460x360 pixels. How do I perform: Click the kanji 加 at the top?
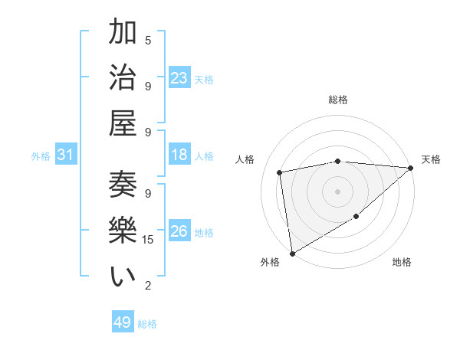click(x=123, y=34)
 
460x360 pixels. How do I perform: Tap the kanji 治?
click(x=123, y=79)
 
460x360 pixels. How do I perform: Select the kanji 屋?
click(x=123, y=123)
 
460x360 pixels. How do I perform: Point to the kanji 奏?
click(x=123, y=188)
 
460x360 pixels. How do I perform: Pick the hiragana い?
click(x=123, y=277)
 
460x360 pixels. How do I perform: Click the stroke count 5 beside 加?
click(x=148, y=39)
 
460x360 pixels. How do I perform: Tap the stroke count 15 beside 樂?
click(x=149, y=240)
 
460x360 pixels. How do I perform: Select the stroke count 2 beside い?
click(x=148, y=286)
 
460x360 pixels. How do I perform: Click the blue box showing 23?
click(x=179, y=78)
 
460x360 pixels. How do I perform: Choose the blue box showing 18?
click(x=179, y=155)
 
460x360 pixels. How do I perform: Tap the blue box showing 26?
click(x=179, y=231)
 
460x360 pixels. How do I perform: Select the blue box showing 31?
click(x=65, y=155)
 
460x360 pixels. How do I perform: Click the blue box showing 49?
click(x=122, y=322)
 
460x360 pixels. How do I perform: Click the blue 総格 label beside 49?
click(x=148, y=324)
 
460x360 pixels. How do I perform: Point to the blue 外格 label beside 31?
click(x=41, y=156)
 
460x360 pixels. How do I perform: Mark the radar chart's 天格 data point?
click(x=411, y=169)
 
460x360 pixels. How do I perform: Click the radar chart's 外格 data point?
click(x=292, y=253)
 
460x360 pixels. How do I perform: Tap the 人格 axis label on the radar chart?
click(x=245, y=159)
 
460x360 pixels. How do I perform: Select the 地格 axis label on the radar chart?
click(x=402, y=263)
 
